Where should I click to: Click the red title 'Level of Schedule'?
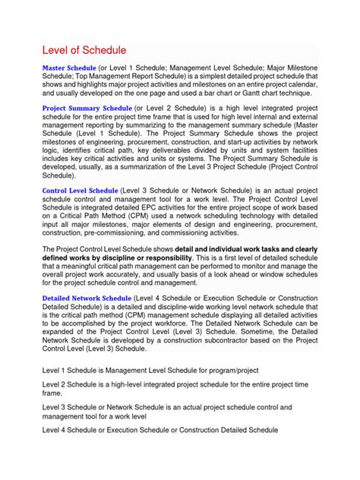pyautogui.click(x=83, y=50)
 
